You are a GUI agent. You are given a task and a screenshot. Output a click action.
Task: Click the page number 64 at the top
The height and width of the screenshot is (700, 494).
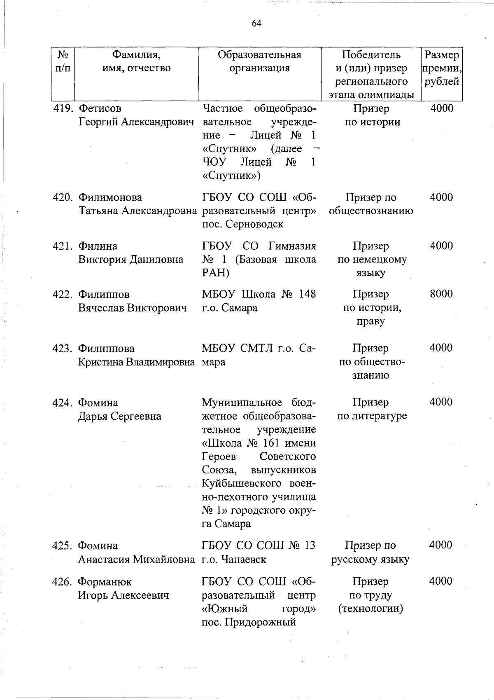click(x=256, y=23)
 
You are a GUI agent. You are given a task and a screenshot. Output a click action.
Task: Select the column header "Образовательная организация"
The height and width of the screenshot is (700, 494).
click(x=259, y=61)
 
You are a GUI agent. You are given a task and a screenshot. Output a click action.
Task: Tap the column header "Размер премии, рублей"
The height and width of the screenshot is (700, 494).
click(x=441, y=68)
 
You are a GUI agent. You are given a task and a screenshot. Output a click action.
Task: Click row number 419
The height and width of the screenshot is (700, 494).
click(x=63, y=108)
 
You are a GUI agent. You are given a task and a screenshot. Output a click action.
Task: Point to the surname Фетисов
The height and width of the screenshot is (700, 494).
click(x=100, y=108)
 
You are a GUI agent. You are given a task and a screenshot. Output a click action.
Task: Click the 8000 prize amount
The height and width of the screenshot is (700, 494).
click(x=441, y=294)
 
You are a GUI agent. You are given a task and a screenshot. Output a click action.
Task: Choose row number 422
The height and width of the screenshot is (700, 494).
click(x=63, y=295)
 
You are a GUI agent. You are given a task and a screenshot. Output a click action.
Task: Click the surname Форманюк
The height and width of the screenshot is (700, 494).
click(x=105, y=582)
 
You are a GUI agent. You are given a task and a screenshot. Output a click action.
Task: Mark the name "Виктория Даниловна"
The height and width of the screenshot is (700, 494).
click(x=130, y=260)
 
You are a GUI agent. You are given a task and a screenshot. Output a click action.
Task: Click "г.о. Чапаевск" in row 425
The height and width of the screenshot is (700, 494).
click(x=234, y=560)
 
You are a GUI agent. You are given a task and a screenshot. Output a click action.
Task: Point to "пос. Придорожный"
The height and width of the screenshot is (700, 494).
click(x=249, y=622)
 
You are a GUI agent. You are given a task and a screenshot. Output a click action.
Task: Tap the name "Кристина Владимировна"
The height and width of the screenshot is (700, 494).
click(x=137, y=362)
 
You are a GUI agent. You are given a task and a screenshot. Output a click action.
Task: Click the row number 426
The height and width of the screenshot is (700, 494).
click(x=63, y=582)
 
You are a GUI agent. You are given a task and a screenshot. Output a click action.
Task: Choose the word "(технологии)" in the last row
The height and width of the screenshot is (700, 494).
click(x=370, y=609)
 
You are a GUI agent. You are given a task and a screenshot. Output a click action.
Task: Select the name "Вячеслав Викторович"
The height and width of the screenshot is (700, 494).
click(x=132, y=308)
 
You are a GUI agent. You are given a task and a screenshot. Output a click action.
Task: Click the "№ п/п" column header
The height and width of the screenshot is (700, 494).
click(x=63, y=61)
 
